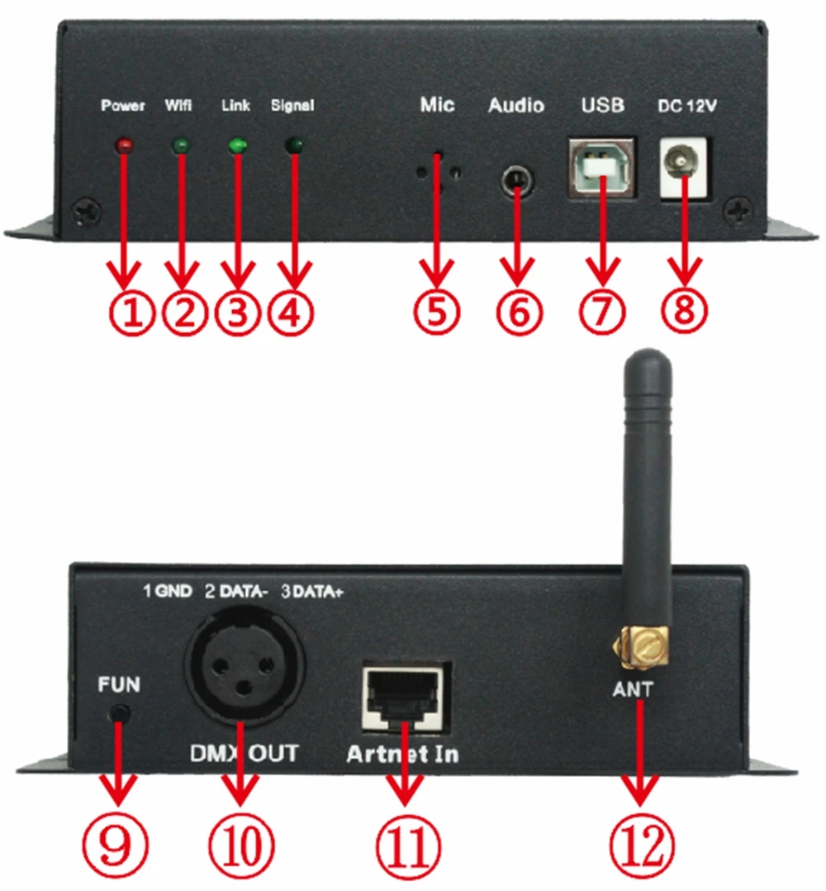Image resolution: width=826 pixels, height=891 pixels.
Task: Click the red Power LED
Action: pos(124,146)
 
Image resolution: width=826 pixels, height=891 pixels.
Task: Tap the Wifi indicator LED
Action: pos(180,147)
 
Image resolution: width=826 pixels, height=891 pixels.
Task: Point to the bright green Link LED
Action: pos(238,146)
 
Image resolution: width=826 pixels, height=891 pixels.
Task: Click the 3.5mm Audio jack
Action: pos(516,179)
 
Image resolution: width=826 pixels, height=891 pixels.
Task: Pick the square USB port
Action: pos(602,166)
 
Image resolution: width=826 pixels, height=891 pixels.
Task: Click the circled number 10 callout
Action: pos(243,845)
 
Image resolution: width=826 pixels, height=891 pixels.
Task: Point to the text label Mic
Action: pos(437,105)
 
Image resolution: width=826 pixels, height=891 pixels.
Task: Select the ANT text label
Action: pos(634,688)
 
